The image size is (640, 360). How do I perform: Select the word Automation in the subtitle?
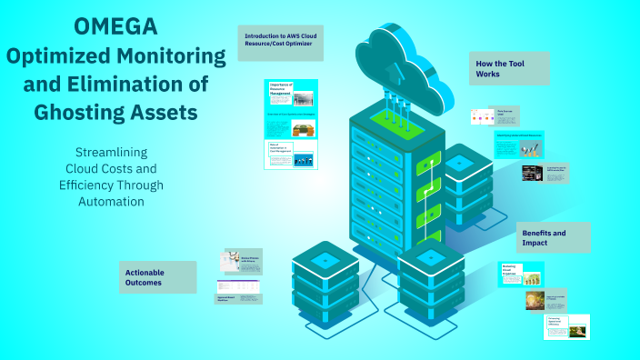(x=112, y=201)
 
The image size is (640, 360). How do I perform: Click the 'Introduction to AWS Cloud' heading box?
(x=280, y=43)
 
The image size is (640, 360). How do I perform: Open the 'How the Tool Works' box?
(x=509, y=68)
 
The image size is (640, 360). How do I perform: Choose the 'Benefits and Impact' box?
(x=553, y=238)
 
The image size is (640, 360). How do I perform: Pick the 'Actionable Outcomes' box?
(x=157, y=277)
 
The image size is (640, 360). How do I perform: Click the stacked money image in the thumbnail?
(x=304, y=129)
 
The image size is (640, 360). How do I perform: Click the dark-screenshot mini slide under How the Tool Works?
(x=544, y=173)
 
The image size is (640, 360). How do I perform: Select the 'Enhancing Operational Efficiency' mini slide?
(x=566, y=325)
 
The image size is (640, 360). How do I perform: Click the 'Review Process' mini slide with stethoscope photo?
(x=243, y=260)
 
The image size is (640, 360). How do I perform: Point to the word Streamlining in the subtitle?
(x=112, y=152)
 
